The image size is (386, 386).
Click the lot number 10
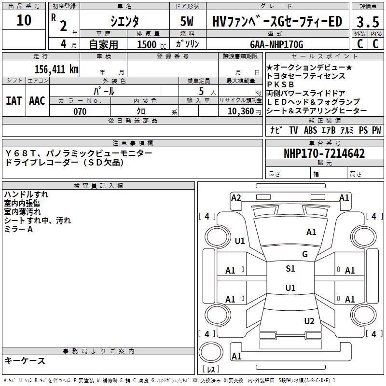click(24, 21)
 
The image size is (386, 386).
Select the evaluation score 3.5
click(367, 22)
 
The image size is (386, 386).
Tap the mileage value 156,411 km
click(56, 69)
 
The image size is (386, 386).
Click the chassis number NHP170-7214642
click(324, 154)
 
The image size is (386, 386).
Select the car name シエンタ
click(124, 21)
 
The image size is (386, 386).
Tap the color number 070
click(80, 111)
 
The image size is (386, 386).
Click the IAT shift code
click(14, 100)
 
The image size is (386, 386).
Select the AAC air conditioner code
click(37, 100)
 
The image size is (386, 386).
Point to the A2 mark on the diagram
click(236, 197)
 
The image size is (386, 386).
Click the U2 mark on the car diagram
click(309, 321)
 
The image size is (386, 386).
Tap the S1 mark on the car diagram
click(290, 269)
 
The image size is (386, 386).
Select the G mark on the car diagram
click(304, 254)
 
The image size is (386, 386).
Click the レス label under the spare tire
click(211, 370)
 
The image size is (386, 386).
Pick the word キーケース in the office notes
click(25, 360)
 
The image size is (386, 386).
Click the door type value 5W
click(189, 21)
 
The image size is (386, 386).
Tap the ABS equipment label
click(310, 130)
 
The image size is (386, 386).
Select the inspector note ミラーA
click(19, 229)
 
